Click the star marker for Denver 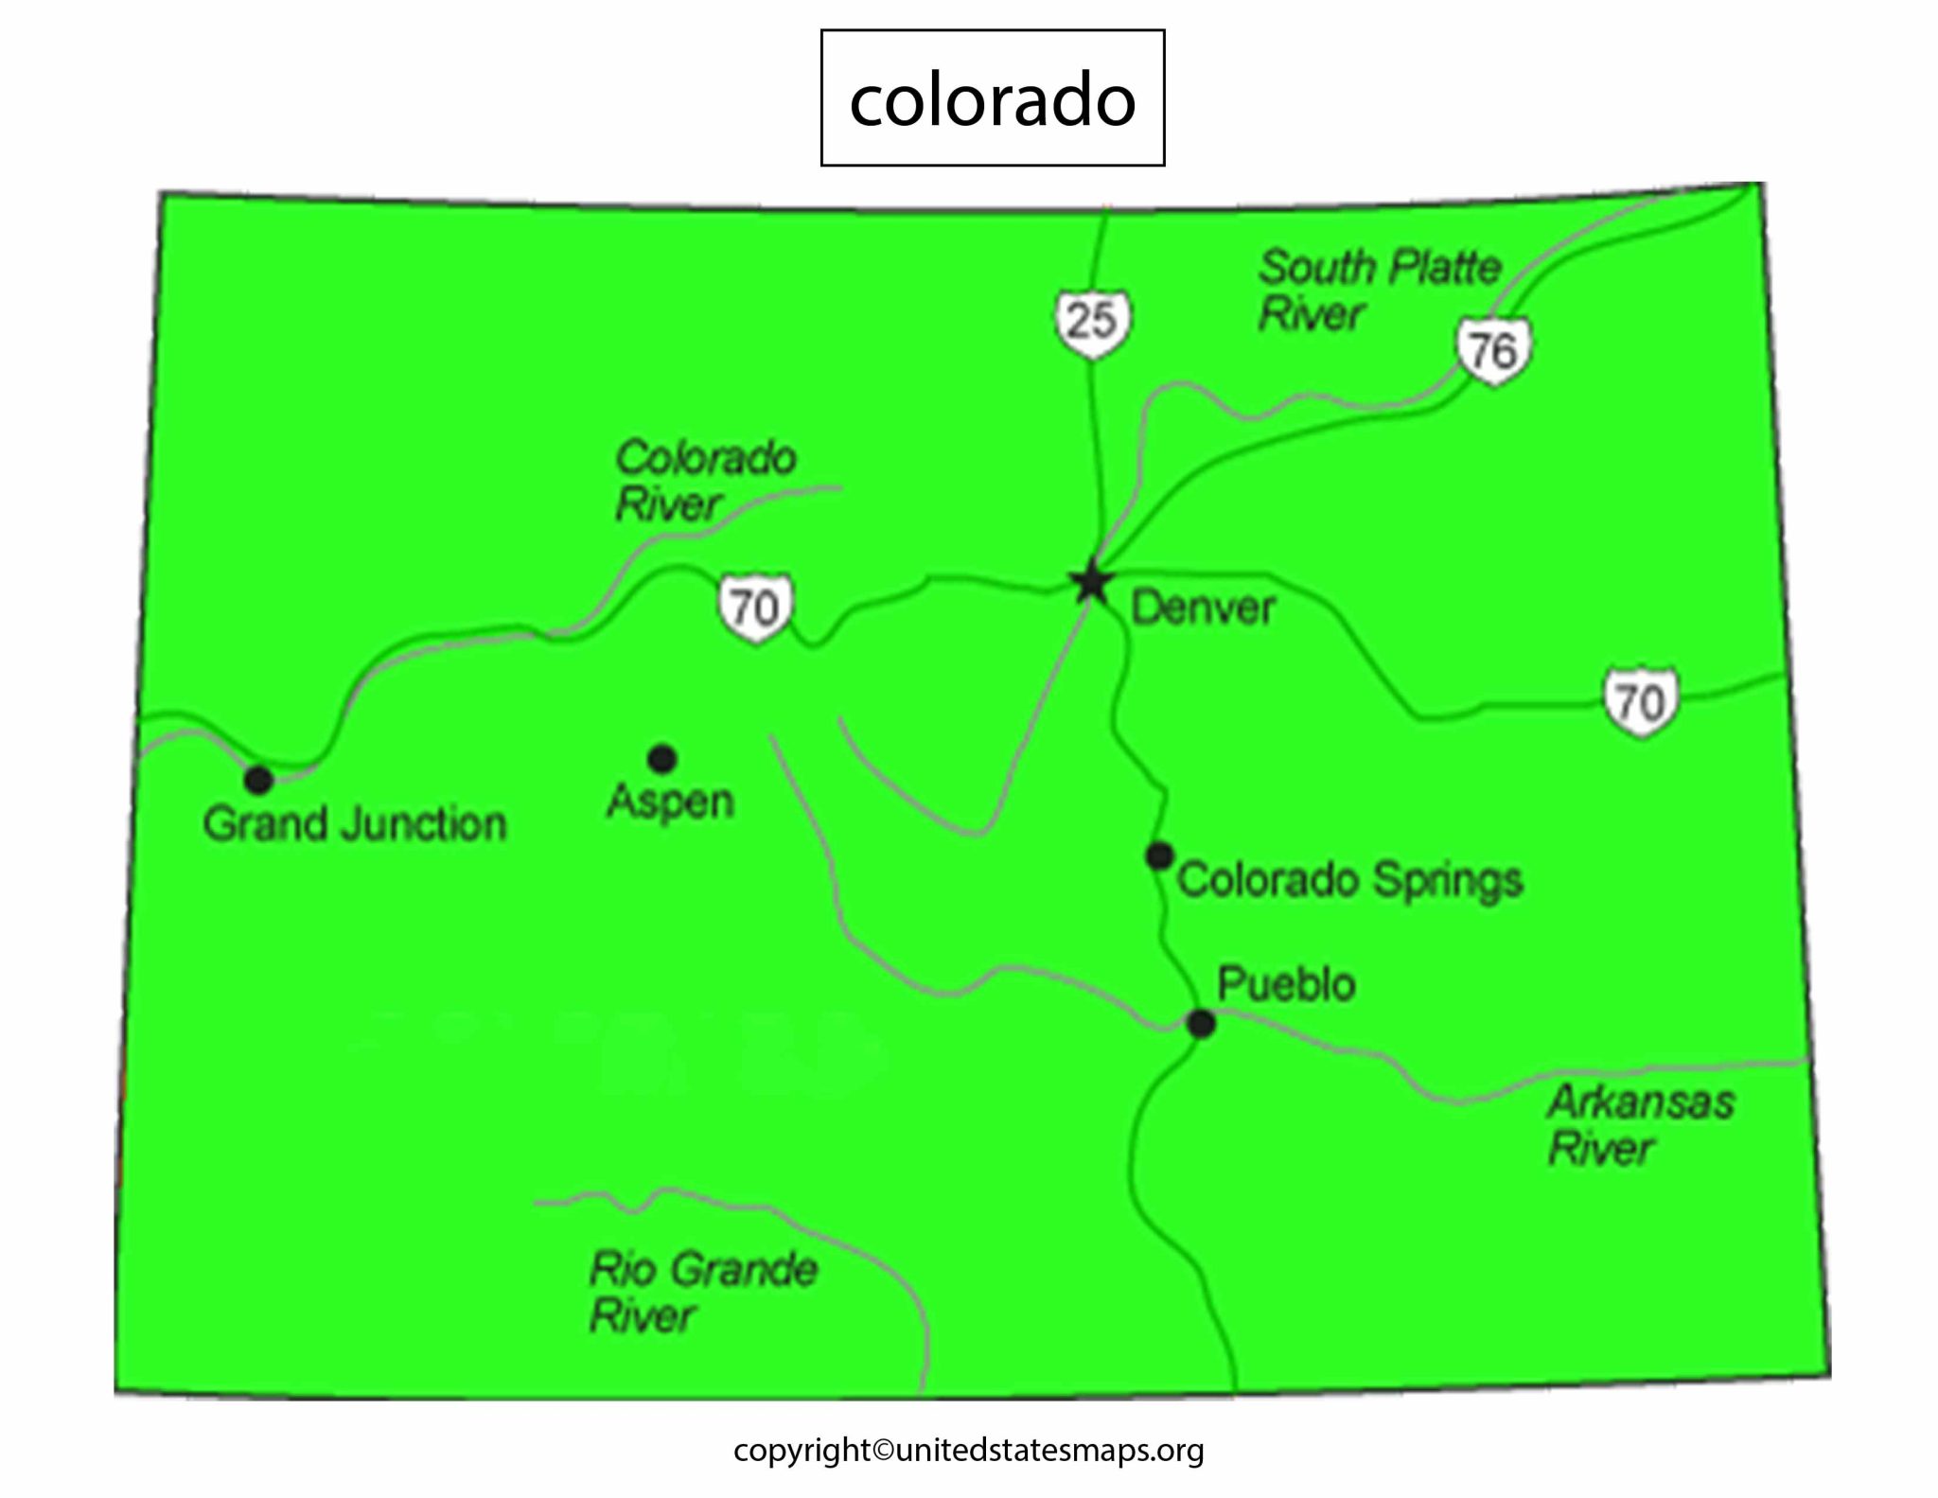[1091, 582]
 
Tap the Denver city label [1203, 608]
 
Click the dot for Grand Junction [258, 780]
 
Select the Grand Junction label [355, 824]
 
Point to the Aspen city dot [661, 758]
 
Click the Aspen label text [670, 802]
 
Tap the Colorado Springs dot [1159, 855]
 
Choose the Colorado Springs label [1349, 880]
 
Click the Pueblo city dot [1201, 1023]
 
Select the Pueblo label [1286, 984]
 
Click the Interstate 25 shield [1093, 322]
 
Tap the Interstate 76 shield [1493, 351]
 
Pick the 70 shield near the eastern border [1640, 702]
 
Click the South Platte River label [1379, 290]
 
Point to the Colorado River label [705, 480]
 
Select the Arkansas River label [1641, 1125]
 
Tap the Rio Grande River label [702, 1292]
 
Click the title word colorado [992, 98]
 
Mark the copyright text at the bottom [968, 1451]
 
